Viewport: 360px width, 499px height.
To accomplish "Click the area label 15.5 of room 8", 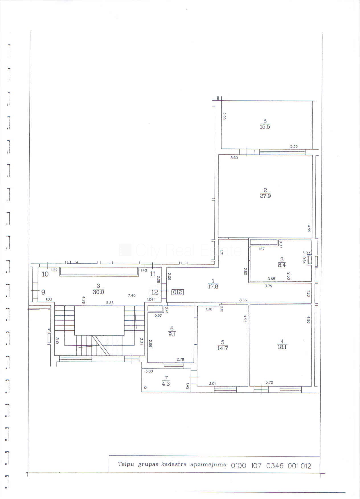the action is click(x=265, y=127).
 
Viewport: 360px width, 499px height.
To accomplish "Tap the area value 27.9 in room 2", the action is click(x=265, y=196).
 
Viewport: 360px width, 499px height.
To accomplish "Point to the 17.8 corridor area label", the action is click(x=213, y=287).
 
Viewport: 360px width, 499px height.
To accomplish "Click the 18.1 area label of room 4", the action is click(x=282, y=347).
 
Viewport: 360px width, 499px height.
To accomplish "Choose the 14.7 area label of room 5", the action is click(x=223, y=348).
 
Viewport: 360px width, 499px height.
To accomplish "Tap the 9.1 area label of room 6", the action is click(x=172, y=334).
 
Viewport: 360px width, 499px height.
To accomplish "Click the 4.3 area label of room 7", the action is click(x=166, y=383).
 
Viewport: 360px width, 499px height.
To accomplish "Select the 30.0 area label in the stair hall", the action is click(x=98, y=292).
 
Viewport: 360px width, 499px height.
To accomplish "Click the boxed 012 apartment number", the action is click(x=178, y=292).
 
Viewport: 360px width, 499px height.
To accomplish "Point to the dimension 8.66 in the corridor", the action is click(x=243, y=300).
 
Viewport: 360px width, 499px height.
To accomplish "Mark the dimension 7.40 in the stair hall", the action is click(x=132, y=296).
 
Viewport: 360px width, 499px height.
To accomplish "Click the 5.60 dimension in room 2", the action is click(x=234, y=158).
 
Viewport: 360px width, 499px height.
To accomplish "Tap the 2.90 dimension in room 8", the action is click(x=224, y=116).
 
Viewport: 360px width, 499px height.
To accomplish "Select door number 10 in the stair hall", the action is click(x=45, y=274).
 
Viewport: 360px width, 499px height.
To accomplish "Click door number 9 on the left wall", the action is click(x=43, y=292).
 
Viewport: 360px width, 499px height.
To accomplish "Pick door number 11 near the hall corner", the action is click(x=153, y=274).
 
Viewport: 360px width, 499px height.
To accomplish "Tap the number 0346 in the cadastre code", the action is click(x=275, y=466).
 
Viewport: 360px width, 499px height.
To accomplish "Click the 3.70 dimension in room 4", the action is click(x=269, y=383).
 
